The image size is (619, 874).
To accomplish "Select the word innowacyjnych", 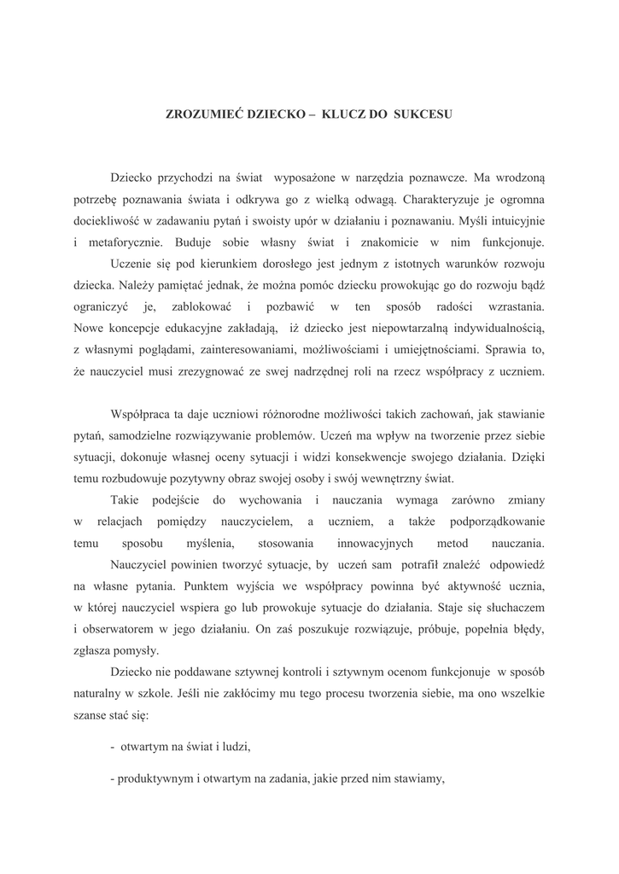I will (375, 543).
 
